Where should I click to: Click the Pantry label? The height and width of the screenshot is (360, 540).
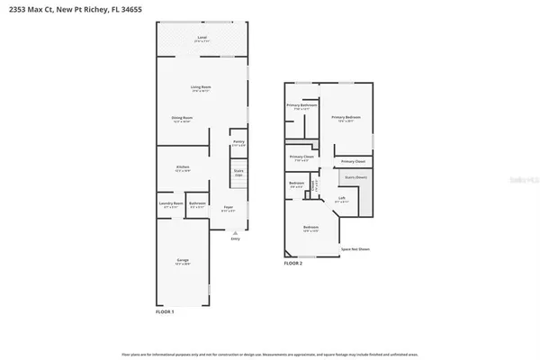238,142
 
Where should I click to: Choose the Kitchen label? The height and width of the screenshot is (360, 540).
183,168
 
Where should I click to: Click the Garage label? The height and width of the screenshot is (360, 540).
183,261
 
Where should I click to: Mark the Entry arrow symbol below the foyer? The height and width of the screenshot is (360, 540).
236,234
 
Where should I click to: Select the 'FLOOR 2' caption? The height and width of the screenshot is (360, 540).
294,264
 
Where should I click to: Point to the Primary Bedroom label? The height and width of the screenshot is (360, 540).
345,118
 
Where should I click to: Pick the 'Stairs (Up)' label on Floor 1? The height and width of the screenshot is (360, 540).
238,171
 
